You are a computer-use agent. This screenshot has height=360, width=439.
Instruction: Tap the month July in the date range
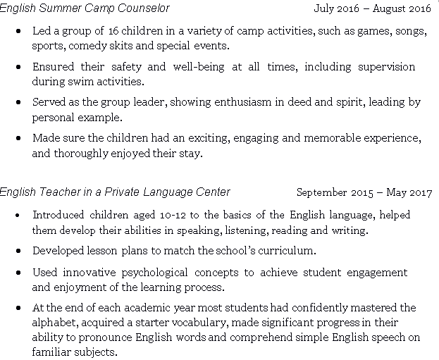click(x=326, y=9)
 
